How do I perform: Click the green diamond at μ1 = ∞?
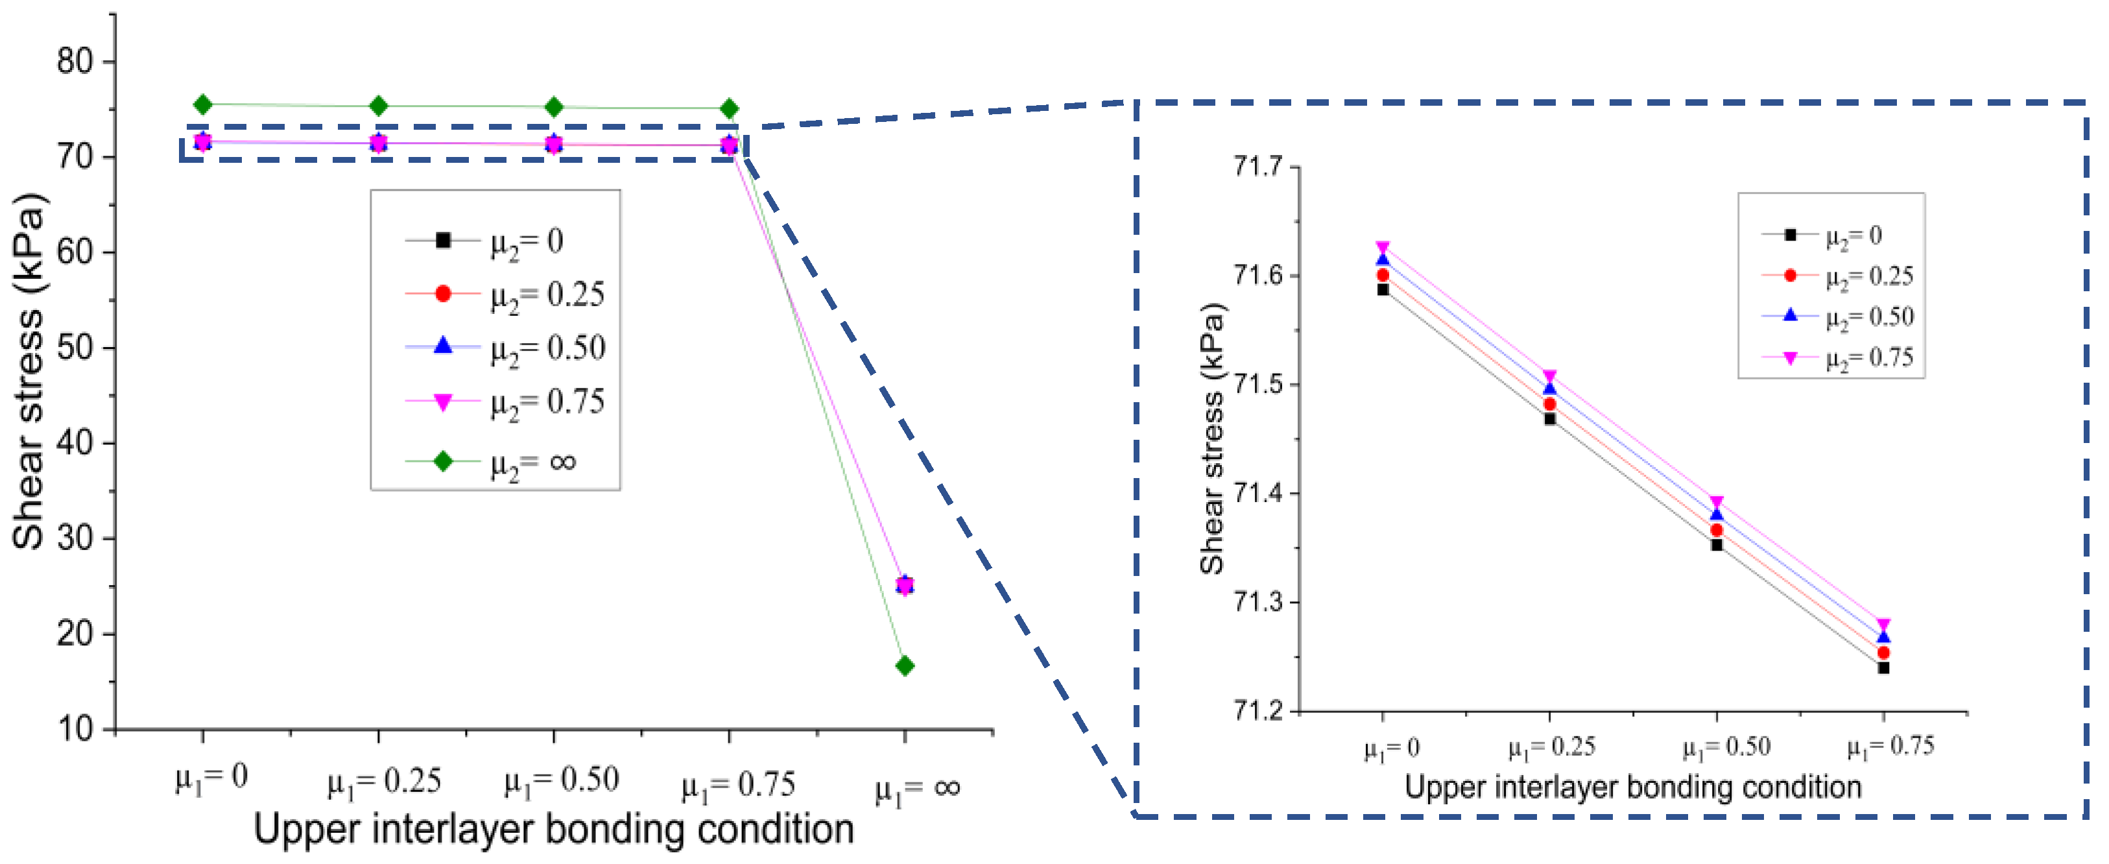tap(905, 666)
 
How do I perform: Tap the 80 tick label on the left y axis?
tap(75, 62)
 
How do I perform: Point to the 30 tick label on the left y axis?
tap(75, 539)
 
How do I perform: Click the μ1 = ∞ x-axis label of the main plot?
tap(917, 789)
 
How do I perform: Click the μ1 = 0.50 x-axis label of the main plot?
tap(561, 780)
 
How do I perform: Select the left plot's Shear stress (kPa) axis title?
tap(29, 370)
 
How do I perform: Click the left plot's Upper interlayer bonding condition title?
tap(553, 829)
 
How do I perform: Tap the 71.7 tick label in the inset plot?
tap(1257, 167)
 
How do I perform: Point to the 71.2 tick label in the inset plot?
tap(1257, 710)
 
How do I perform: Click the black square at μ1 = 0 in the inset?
tap(1383, 290)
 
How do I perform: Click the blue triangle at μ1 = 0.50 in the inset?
tap(1717, 514)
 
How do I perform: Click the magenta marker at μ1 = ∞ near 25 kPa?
tap(905, 586)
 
